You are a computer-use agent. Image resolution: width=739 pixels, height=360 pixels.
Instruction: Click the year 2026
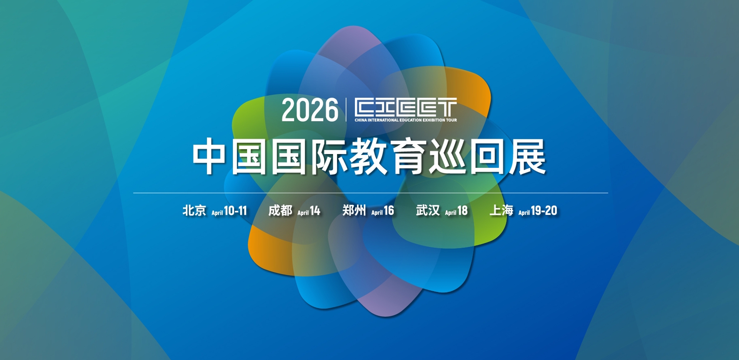[x=310, y=110]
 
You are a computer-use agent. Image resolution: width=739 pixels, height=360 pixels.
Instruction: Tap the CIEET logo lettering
[x=405, y=107]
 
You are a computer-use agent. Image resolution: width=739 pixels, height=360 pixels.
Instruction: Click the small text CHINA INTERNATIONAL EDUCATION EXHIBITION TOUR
[x=405, y=120]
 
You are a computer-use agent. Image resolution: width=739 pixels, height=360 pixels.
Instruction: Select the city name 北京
[x=194, y=211]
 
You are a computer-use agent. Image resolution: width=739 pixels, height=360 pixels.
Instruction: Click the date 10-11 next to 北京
[x=235, y=211]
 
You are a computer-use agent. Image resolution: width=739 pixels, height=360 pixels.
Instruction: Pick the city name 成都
[x=280, y=211]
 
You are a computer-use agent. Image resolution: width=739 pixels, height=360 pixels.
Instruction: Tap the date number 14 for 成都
[x=315, y=211]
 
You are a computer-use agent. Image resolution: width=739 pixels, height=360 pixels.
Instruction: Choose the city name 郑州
[x=354, y=211]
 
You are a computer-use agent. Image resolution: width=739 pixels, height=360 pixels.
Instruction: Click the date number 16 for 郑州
[x=389, y=211]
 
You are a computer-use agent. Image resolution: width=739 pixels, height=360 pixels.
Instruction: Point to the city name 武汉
[x=428, y=211]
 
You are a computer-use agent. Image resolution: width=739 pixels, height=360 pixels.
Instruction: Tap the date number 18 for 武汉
[x=462, y=211]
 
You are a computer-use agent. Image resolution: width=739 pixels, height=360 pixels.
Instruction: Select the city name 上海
[x=501, y=211]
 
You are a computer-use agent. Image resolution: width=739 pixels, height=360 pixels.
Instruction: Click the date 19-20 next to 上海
[x=544, y=211]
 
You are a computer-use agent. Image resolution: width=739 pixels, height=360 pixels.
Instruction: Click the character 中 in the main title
[x=209, y=156]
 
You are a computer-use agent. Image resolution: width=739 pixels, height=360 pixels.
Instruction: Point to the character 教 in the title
[x=368, y=156]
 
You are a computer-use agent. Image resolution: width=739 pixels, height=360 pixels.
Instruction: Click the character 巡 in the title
[x=448, y=156]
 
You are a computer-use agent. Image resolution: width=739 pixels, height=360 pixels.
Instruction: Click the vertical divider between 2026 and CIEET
[x=346, y=110]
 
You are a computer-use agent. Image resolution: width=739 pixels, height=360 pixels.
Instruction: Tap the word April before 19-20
[x=524, y=213]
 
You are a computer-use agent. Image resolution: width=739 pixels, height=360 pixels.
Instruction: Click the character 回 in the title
[x=488, y=156]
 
